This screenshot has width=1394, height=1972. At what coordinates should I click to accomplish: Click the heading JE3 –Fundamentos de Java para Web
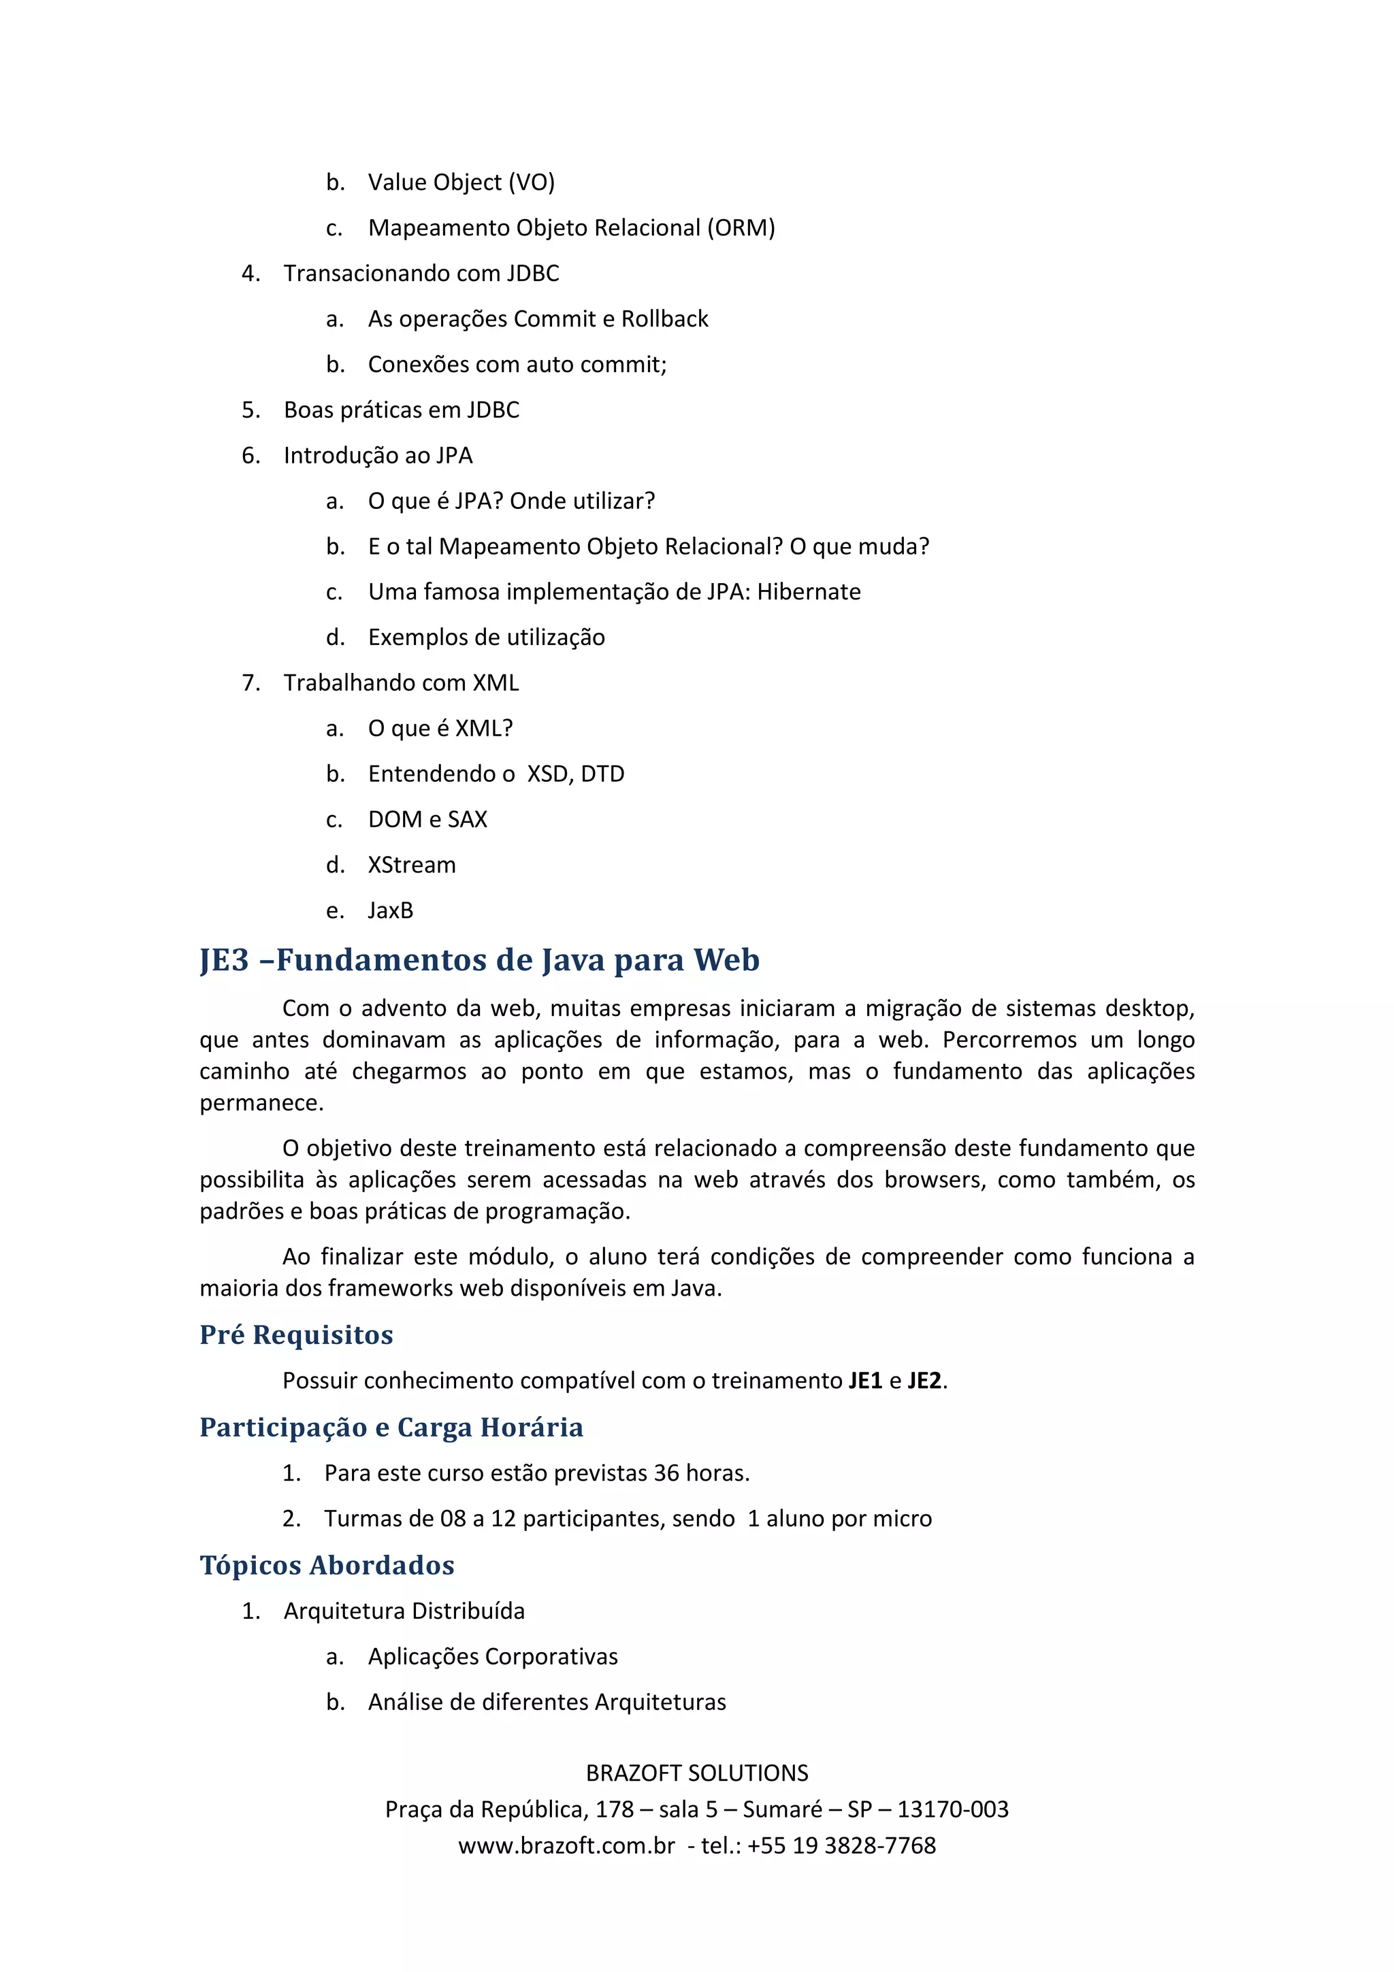479,960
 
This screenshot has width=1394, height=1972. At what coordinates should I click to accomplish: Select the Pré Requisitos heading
296,1334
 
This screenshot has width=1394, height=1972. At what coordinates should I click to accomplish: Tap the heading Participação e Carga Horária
391,1428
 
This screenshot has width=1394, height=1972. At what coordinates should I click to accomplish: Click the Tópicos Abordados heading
327,1565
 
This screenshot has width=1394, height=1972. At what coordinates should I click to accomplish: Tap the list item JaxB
390,910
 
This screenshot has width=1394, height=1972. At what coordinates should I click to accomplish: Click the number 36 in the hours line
666,1473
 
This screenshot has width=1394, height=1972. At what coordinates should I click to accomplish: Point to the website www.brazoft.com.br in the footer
566,1845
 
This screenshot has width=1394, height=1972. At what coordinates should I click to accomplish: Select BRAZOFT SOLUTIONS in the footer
696,1773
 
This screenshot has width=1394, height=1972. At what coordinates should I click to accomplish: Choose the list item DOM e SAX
427,819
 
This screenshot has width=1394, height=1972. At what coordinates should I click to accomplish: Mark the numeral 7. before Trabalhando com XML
250,683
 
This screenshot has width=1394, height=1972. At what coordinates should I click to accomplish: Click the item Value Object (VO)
461,182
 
